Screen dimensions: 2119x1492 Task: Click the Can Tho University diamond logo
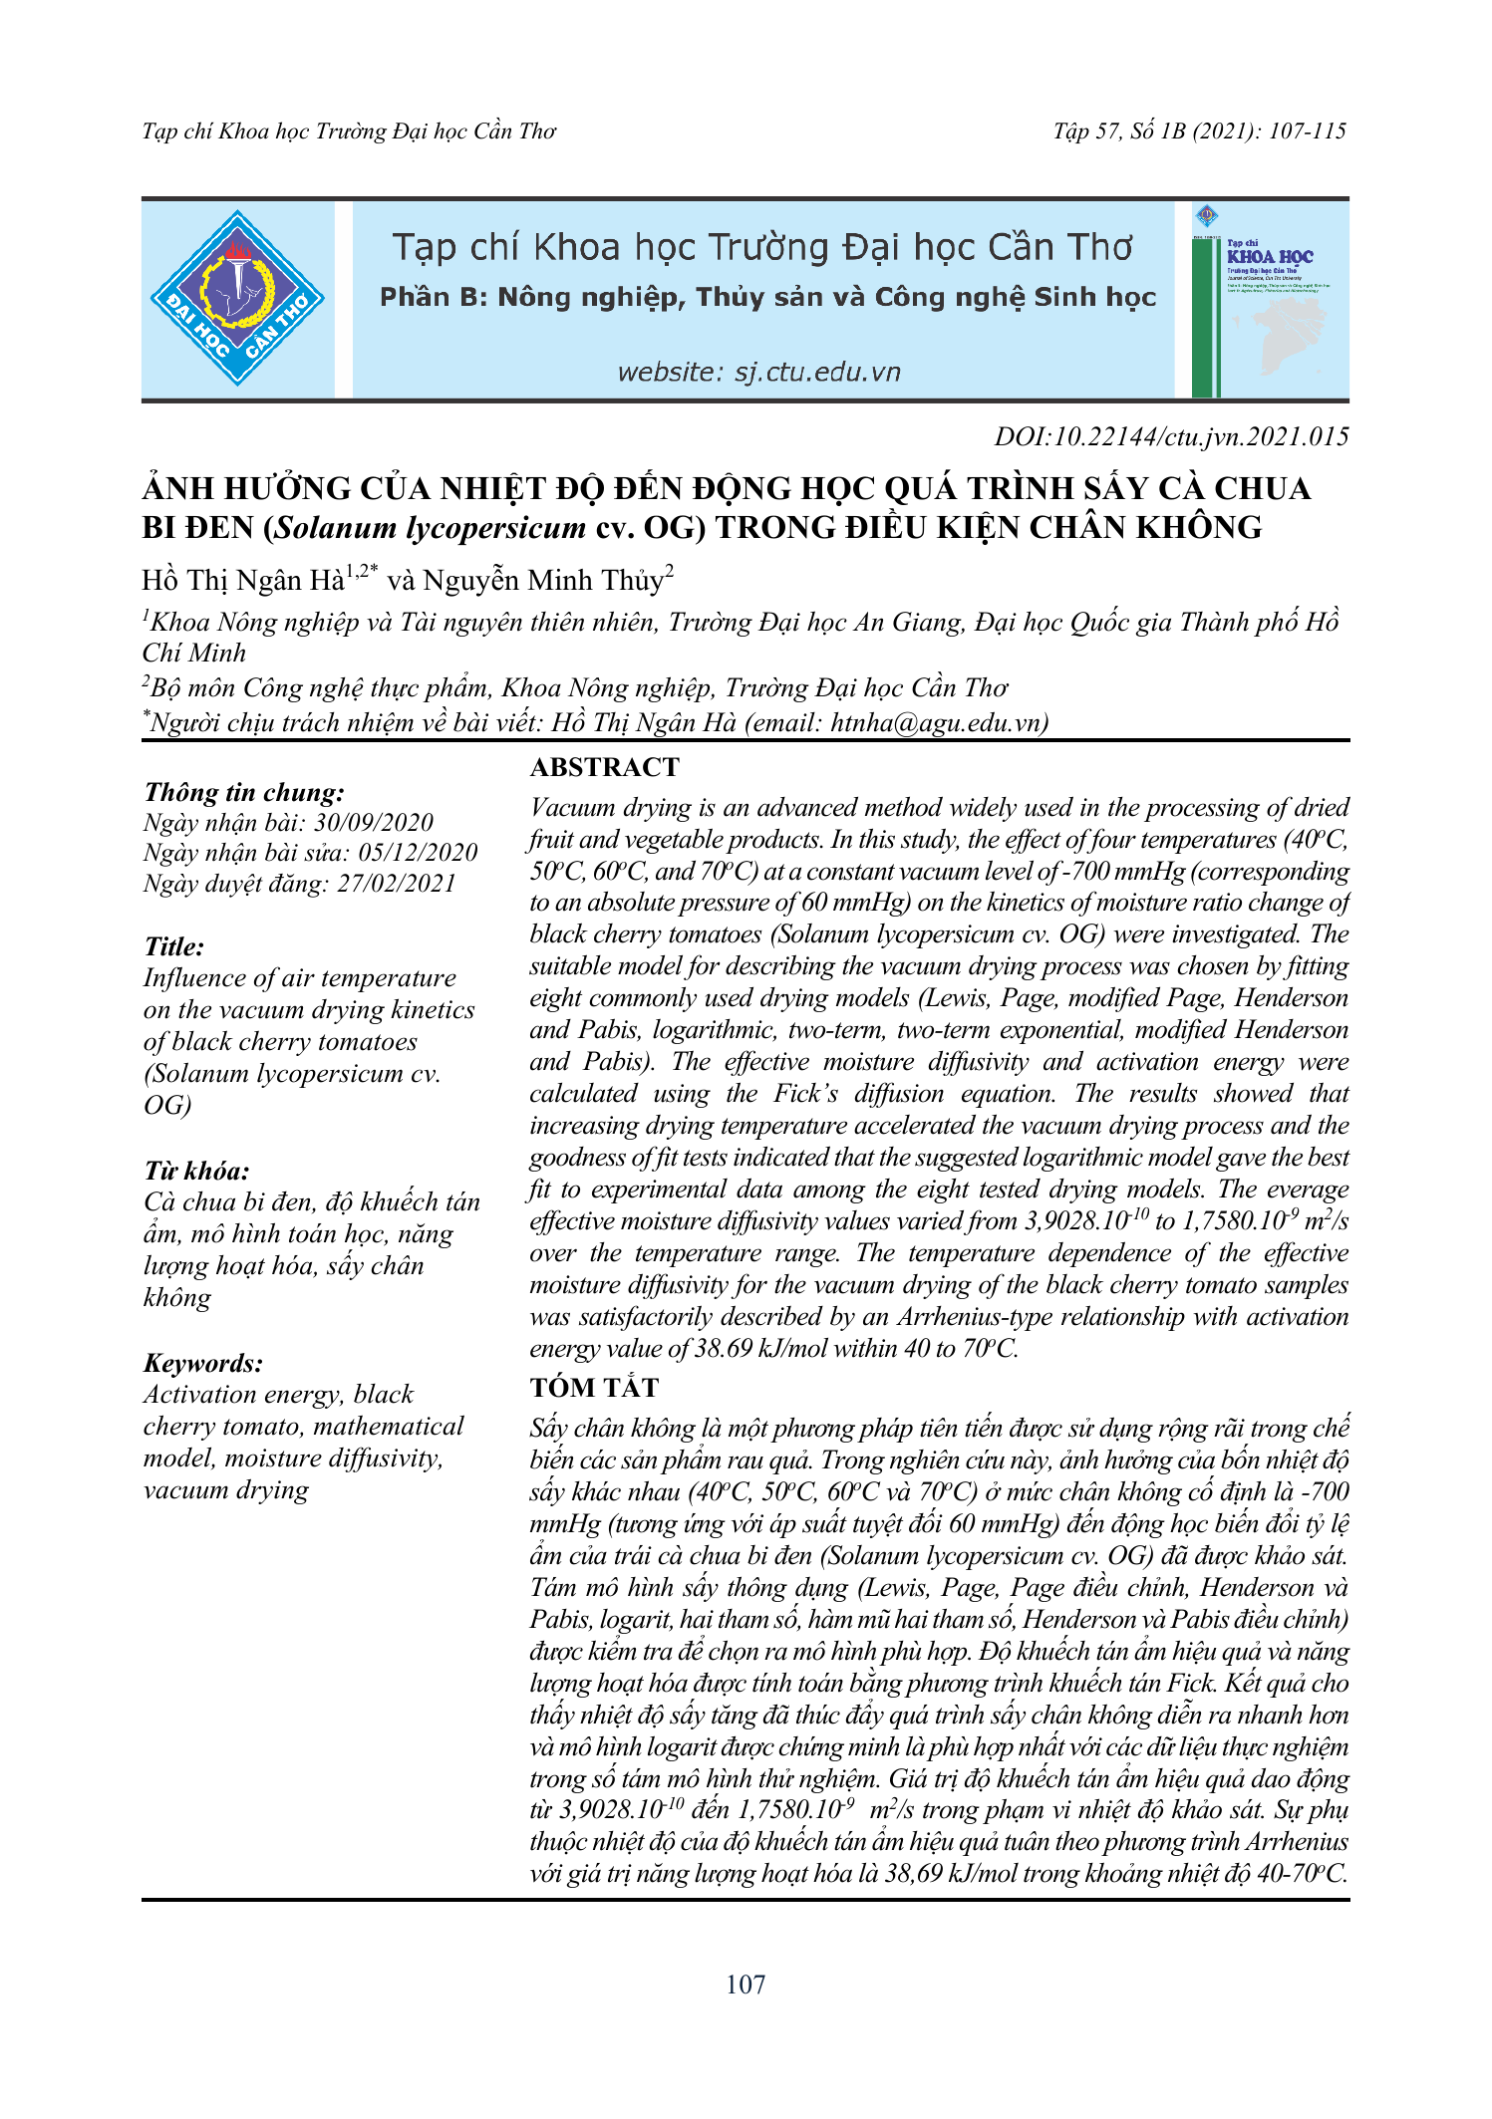click(237, 298)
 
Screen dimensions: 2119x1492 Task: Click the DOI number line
click(1171, 436)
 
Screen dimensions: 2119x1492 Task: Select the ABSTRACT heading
click(604, 767)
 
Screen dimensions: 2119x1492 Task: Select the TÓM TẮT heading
click(594, 1387)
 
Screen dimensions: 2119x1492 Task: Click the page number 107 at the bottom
click(746, 1985)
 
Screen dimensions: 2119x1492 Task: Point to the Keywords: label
click(203, 1363)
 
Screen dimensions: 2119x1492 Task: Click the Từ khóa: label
click(196, 1171)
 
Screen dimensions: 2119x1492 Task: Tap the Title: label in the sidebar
click(174, 946)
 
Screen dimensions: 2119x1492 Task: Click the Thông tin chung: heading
click(244, 792)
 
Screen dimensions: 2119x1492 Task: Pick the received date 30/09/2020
click(374, 823)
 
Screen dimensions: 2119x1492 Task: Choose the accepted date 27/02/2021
click(396, 884)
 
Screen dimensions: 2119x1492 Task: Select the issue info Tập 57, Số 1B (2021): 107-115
click(1199, 132)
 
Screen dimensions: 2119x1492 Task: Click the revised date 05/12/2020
click(418, 853)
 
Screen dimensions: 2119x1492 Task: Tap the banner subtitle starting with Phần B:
click(767, 297)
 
